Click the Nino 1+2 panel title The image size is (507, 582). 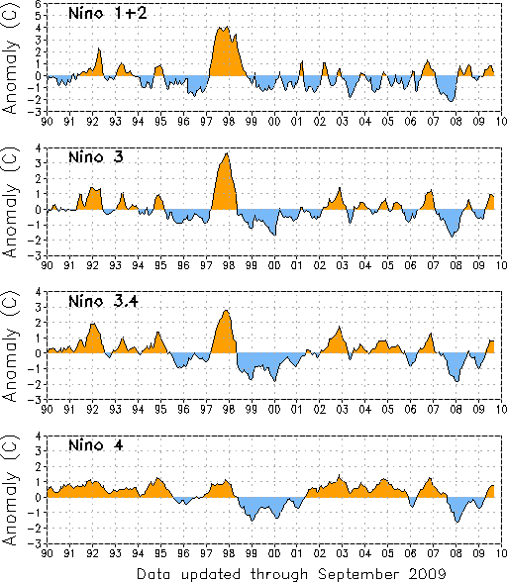pos(108,14)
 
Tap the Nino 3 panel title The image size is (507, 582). pos(95,157)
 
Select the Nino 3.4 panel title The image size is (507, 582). pos(103,301)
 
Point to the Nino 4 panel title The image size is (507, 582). pos(95,444)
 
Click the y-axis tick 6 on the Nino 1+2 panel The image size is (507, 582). pos(42,3)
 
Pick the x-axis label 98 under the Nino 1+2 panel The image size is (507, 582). pos(229,122)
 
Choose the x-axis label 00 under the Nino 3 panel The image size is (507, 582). pos(274,265)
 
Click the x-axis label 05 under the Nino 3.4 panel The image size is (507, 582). pos(387,409)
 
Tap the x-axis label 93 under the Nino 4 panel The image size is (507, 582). pos(115,553)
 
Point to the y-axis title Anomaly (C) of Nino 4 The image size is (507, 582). pos(11,490)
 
